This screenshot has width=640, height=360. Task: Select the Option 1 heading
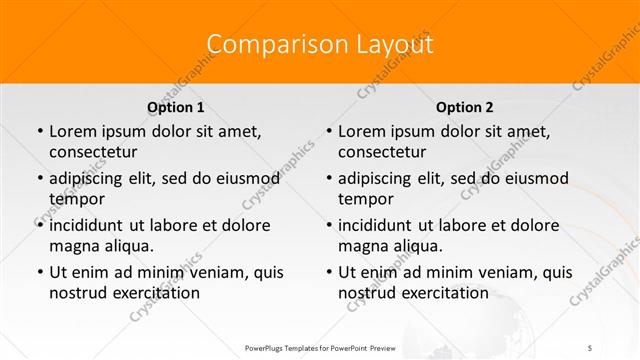[176, 107]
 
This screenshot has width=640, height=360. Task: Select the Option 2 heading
[465, 107]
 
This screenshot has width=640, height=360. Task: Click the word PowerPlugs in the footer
[267, 347]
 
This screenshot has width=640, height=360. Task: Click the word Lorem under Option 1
[72, 131]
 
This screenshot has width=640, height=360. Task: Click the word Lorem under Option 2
[362, 131]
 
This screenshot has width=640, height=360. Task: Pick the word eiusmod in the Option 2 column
[538, 178]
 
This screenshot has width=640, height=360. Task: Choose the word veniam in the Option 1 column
[209, 272]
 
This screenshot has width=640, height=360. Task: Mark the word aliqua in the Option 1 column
[128, 246]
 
